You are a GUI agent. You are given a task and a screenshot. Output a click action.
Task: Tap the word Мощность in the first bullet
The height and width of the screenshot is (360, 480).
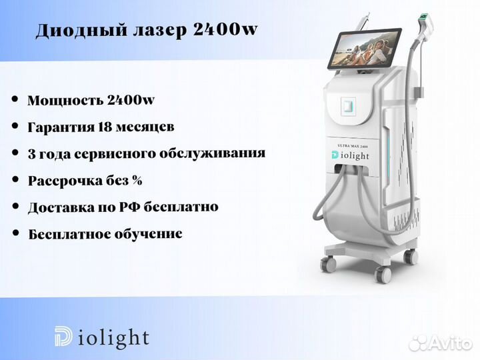(x=65, y=101)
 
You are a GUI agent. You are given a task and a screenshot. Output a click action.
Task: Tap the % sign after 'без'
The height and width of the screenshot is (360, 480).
(x=137, y=181)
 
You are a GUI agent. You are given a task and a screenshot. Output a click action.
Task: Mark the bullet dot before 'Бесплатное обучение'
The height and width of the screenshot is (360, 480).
(x=15, y=234)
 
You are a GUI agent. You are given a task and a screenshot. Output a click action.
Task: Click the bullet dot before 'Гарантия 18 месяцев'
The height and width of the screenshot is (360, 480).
(x=15, y=126)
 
